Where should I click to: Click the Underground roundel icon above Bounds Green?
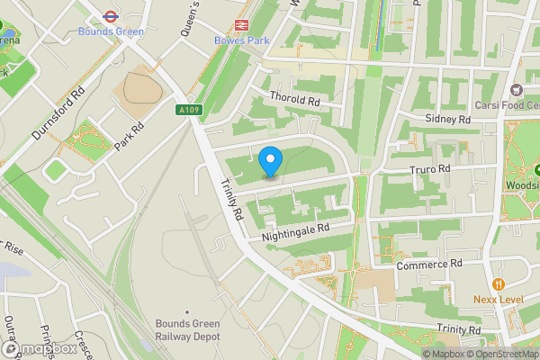[x=110, y=15]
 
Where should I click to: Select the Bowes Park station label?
[x=240, y=40]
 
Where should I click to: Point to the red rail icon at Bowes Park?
[x=240, y=25]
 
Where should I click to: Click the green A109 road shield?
[x=188, y=109]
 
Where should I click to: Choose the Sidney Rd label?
[x=448, y=119]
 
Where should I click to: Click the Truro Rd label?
[x=427, y=168]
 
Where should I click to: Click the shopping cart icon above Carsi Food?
[x=516, y=89]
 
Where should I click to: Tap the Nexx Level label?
[x=499, y=299]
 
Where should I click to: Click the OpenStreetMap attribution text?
[x=502, y=354]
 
